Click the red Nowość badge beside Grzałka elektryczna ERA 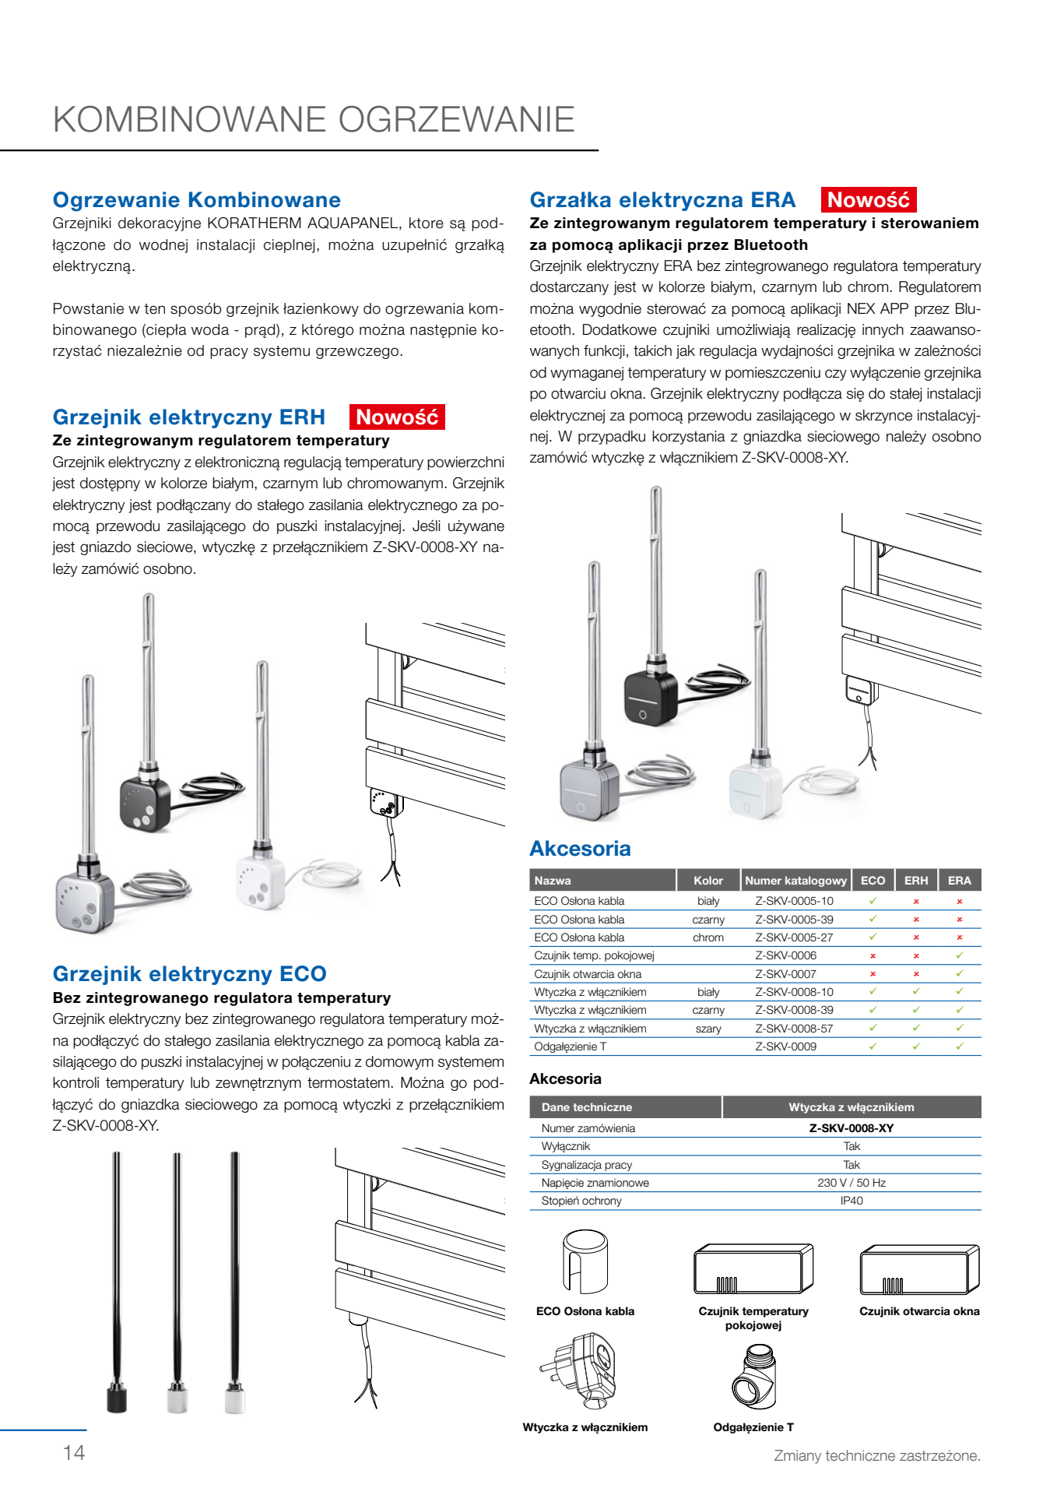pyautogui.click(x=868, y=200)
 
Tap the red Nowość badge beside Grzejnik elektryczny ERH pyautogui.click(x=397, y=417)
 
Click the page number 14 pyautogui.click(x=74, y=1453)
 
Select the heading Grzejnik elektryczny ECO pyautogui.click(x=189, y=974)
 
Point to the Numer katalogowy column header pyautogui.click(x=795, y=881)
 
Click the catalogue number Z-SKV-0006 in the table pyautogui.click(x=785, y=955)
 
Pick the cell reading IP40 pyautogui.click(x=852, y=1201)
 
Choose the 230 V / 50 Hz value pyautogui.click(x=852, y=1183)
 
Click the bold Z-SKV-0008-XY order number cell pyautogui.click(x=852, y=1128)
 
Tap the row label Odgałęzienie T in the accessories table pyautogui.click(x=570, y=1046)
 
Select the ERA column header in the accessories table pyautogui.click(x=959, y=881)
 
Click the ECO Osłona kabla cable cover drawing pyautogui.click(x=585, y=1261)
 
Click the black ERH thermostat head pyautogui.click(x=145, y=802)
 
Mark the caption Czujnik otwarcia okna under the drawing pyautogui.click(x=919, y=1311)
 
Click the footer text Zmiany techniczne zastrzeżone pyautogui.click(x=876, y=1456)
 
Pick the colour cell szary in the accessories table pyautogui.click(x=708, y=1029)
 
